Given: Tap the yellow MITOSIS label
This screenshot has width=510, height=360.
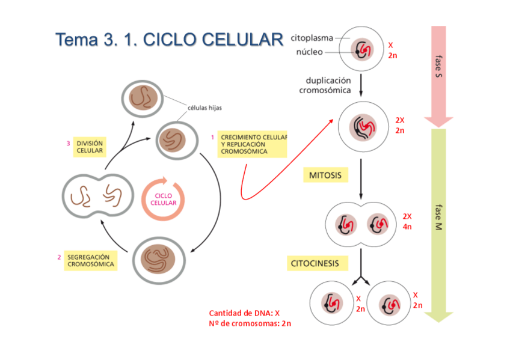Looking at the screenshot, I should pos(325,175).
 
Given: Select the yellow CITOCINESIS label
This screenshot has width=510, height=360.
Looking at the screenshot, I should pos(315,263).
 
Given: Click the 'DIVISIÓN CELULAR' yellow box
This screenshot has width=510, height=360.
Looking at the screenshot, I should pos(90,147).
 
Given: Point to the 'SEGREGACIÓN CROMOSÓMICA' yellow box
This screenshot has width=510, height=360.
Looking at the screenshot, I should pos(90,260).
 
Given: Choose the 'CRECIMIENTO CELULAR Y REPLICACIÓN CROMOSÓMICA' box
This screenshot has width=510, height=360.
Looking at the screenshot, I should pos(251,144).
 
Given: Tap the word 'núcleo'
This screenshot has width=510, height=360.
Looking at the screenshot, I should pos(309,52).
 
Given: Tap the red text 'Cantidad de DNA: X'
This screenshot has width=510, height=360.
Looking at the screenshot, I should pos(244,313).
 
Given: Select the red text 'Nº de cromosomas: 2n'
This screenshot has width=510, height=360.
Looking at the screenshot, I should pos(250,324).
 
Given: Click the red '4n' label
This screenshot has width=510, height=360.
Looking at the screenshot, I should pos(407,227).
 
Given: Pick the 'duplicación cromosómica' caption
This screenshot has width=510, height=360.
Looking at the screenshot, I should pos(328,85).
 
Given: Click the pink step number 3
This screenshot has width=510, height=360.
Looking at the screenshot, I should pos(68,143).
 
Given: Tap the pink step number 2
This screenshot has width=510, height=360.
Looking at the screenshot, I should pos(59,257).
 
